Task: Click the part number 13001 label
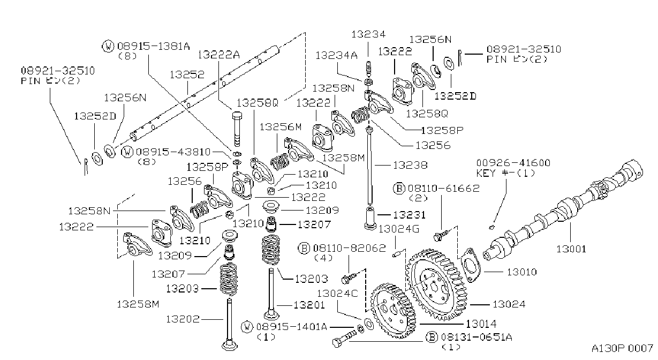pos(571,249)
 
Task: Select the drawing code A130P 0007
pos(622,348)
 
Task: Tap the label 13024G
pos(399,229)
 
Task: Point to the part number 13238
pos(410,165)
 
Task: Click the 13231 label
pos(409,215)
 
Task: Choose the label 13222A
pos(218,55)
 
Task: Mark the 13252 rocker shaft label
pos(187,74)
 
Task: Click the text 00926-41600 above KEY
pos(513,163)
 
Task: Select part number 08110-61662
pos(443,189)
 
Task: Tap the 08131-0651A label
pos(477,337)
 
